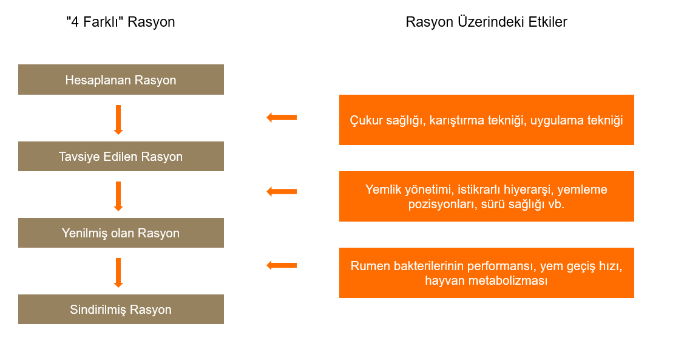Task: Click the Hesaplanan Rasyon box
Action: [121, 80]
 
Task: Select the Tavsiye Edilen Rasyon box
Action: [121, 156]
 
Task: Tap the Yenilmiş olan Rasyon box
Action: [121, 233]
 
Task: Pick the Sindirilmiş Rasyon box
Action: [121, 309]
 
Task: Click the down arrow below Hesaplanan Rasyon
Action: [118, 120]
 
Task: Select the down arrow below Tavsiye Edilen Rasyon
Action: [118, 197]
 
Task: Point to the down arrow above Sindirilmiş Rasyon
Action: [118, 273]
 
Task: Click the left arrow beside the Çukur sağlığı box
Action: [282, 118]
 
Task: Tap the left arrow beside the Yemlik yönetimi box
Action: [282, 191]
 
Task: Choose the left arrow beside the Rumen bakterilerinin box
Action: [282, 265]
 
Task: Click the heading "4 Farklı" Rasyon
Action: [121, 22]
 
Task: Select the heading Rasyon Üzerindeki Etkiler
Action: [486, 22]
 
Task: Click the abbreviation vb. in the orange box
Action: [556, 205]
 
